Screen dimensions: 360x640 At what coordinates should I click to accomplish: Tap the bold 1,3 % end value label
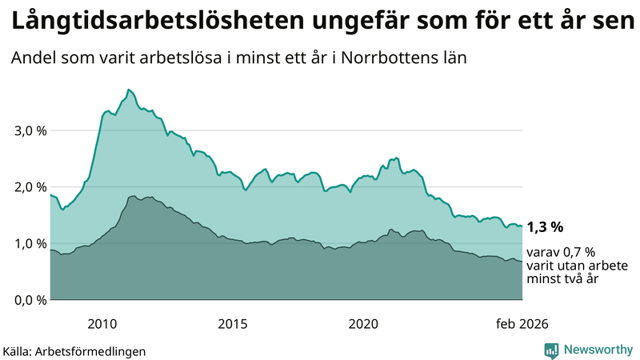click(x=546, y=227)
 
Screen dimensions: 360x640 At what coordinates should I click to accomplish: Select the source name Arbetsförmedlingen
click(x=95, y=351)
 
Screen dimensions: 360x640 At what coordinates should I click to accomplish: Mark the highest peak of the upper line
click(x=129, y=90)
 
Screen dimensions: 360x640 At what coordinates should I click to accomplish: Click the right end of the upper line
click(x=522, y=226)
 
